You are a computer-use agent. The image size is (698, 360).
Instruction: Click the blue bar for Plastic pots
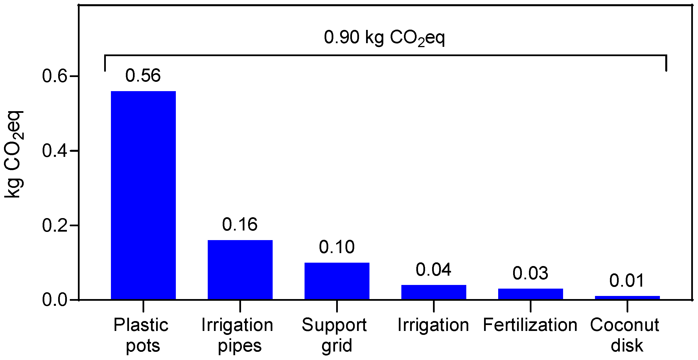tap(143, 195)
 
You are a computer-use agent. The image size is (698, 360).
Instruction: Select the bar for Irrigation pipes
tap(240, 269)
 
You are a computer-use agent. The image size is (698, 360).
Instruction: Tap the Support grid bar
tap(337, 281)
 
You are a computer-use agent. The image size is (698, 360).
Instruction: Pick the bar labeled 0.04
tap(434, 292)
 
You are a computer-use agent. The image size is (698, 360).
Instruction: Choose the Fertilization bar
tap(530, 294)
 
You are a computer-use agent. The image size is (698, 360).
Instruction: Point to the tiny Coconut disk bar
tap(627, 298)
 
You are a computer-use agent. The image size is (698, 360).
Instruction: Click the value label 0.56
tap(143, 76)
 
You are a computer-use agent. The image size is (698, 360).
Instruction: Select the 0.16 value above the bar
tap(240, 225)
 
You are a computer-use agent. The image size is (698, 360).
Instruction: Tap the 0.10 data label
tap(337, 247)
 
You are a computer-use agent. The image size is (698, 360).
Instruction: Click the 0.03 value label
tap(530, 273)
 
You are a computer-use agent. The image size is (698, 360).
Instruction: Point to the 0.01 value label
tap(627, 281)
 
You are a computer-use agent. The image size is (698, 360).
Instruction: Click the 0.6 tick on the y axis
tap(55, 76)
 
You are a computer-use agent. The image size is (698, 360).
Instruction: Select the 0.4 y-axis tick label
tap(55, 151)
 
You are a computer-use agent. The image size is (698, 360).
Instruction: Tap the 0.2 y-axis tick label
tap(55, 225)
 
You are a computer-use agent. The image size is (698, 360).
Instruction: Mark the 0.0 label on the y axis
tap(55, 300)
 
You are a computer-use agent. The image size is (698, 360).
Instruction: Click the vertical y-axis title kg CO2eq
tap(14, 154)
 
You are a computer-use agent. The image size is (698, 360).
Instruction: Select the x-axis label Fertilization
tap(530, 325)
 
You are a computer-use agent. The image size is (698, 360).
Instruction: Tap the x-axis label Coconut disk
tap(625, 335)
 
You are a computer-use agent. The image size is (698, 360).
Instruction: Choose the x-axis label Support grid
tap(335, 335)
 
